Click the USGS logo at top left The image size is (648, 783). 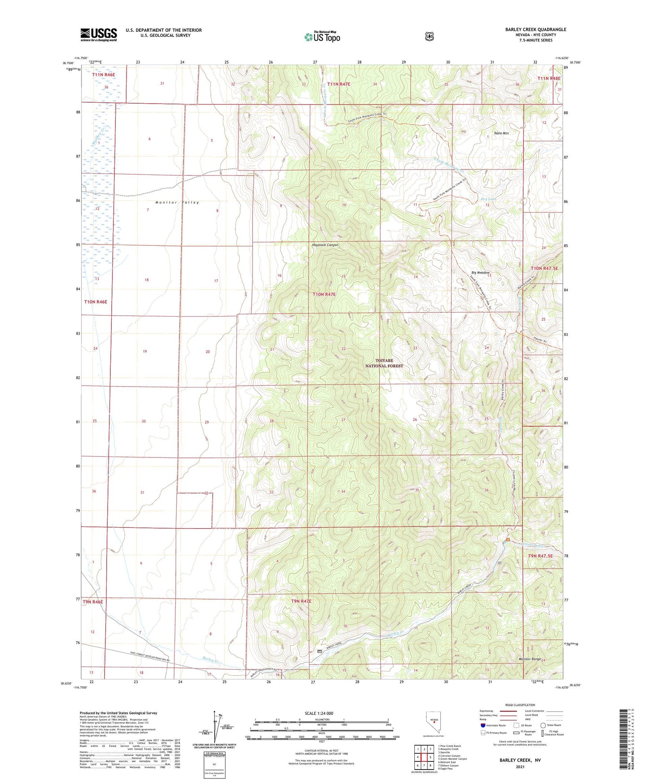click(99, 35)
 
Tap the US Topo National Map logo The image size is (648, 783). click(322, 36)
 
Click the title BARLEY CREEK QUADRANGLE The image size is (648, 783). click(535, 30)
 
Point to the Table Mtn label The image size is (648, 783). click(501, 133)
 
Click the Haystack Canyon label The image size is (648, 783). click(325, 245)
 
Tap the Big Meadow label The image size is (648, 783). click(480, 273)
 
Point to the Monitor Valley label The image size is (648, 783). click(177, 203)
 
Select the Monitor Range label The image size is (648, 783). click(530, 659)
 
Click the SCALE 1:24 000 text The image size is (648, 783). click(319, 713)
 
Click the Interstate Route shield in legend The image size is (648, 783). click(483, 725)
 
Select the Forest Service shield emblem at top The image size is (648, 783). click(429, 36)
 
